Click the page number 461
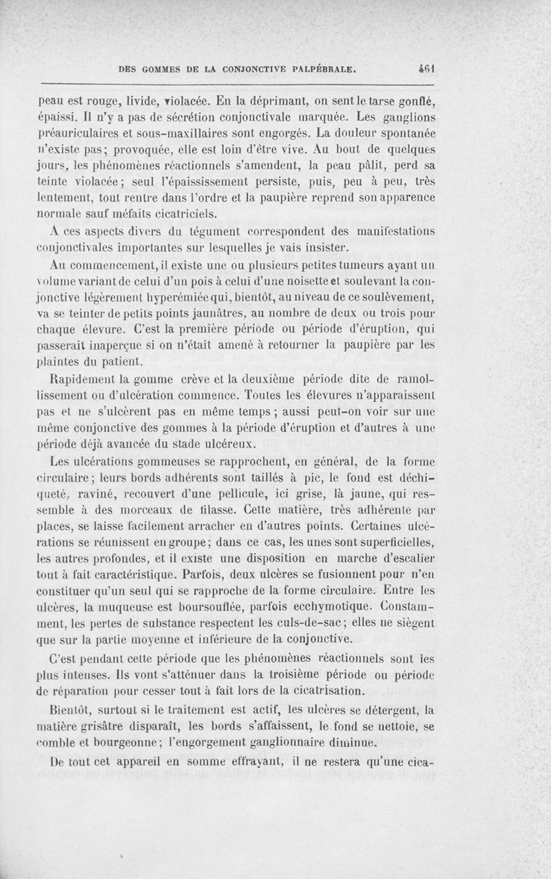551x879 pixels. [x=433, y=69]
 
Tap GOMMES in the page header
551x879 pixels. [x=160, y=70]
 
